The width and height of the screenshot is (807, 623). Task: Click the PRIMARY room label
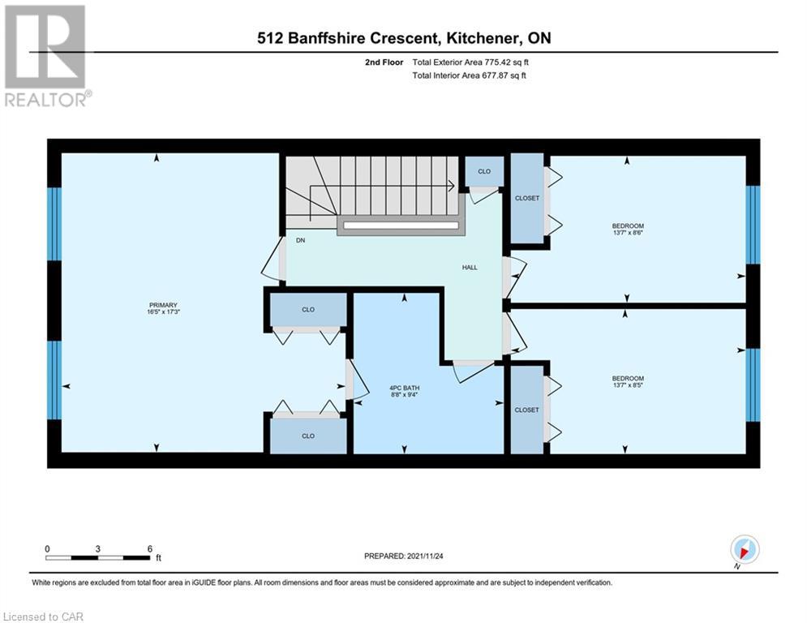(163, 305)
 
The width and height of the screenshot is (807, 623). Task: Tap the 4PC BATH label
(405, 389)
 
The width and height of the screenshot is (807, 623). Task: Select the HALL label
(470, 268)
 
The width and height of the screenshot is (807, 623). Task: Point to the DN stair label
(301, 240)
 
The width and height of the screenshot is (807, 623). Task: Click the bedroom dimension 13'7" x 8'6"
(628, 233)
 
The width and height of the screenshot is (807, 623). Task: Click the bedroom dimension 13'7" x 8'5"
(628, 385)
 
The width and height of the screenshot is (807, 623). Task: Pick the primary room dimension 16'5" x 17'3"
(163, 312)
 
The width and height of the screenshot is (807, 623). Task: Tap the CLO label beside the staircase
(484, 171)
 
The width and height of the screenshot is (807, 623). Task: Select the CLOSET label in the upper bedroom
(527, 198)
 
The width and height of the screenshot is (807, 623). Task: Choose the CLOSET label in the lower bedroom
(526, 410)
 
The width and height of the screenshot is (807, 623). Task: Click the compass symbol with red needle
(745, 549)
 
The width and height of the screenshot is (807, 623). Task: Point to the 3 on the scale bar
(98, 549)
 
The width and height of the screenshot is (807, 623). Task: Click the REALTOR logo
(47, 56)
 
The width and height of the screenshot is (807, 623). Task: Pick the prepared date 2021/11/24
(425, 556)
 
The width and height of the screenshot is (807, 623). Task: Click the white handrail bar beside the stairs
(401, 226)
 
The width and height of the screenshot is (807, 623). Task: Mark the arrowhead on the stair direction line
(452, 185)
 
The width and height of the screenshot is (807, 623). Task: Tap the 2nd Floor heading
(384, 62)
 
